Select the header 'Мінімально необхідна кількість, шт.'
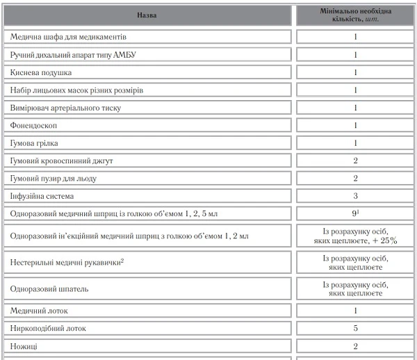coord(355,14)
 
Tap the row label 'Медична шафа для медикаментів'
coord(69,36)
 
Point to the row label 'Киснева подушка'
coord(42,72)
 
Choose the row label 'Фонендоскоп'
coord(34,125)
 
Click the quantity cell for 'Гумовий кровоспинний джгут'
coord(355,161)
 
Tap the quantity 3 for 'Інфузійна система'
coord(355,196)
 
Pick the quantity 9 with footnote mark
coord(355,213)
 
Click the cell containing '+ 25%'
coord(355,236)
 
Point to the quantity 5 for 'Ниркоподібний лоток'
coord(355,327)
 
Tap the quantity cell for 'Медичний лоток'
coord(355,310)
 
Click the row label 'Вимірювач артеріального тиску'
coord(71,108)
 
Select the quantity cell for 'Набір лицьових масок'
coord(355,90)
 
